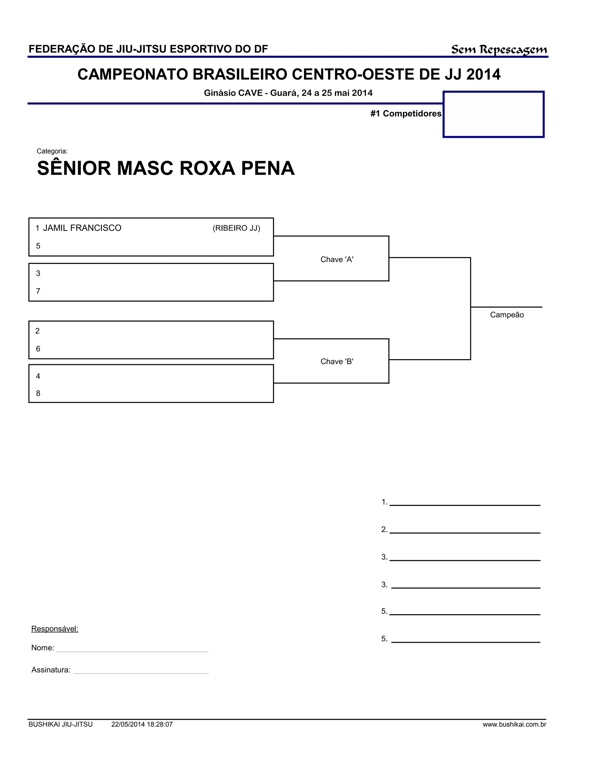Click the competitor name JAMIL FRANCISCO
tap(82, 228)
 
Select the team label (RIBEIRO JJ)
tap(236, 228)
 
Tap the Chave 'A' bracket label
tap(337, 260)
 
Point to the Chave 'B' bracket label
tap(337, 361)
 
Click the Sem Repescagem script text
tap(499, 50)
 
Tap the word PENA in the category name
tap(268, 168)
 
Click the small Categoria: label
tap(52, 151)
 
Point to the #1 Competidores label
tap(406, 113)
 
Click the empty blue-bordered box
tap(494, 114)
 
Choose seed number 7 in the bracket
tap(38, 291)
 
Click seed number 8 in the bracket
tap(38, 393)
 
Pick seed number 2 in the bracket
tap(38, 331)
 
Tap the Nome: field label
tap(43, 648)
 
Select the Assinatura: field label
tap(51, 670)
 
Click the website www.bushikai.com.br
tap(514, 725)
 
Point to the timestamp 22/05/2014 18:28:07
tap(142, 725)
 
